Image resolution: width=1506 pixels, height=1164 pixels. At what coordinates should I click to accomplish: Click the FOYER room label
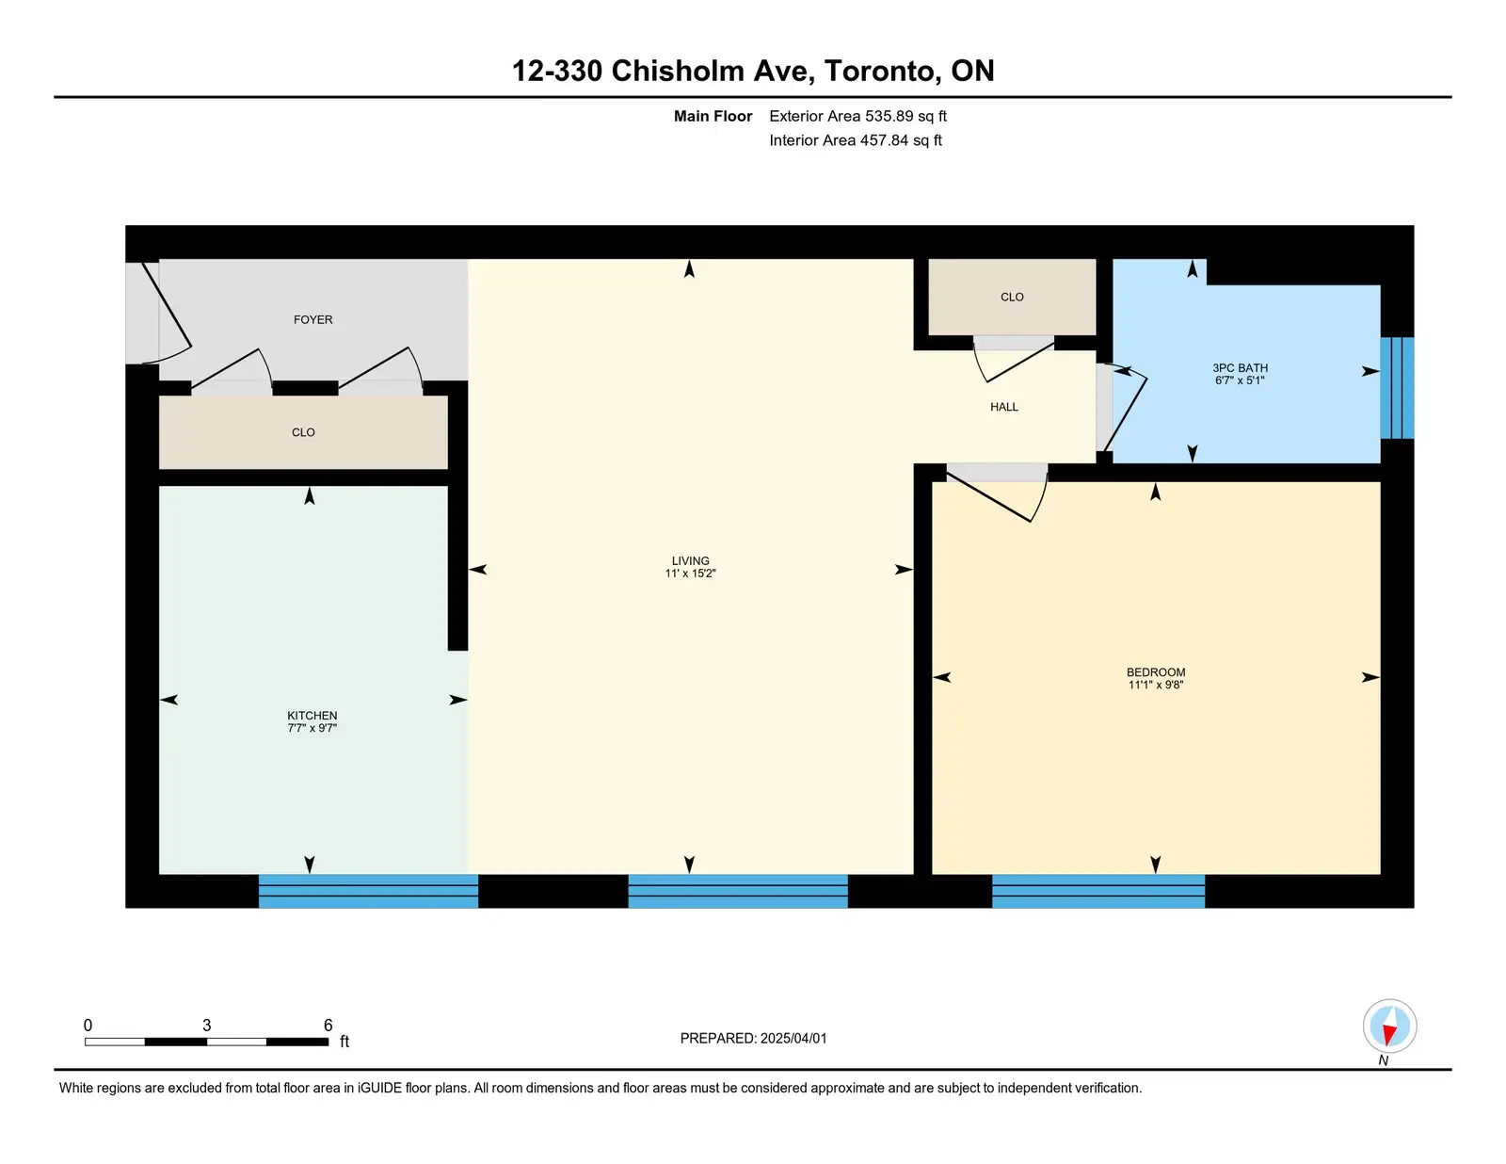pyautogui.click(x=312, y=319)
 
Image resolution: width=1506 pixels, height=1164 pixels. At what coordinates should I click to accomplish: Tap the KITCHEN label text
pyautogui.click(x=312, y=716)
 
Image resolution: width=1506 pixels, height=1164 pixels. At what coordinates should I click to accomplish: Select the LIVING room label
pyautogui.click(x=690, y=561)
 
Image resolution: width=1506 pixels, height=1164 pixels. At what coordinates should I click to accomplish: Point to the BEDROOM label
pyautogui.click(x=1155, y=672)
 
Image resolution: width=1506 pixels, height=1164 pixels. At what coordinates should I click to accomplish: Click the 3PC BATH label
pyautogui.click(x=1240, y=368)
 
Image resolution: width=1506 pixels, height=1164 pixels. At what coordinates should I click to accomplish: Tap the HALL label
pyautogui.click(x=1003, y=407)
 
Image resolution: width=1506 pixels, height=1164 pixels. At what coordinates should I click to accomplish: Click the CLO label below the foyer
pyautogui.click(x=303, y=432)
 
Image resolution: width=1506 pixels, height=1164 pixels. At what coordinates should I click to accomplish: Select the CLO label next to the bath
pyautogui.click(x=1012, y=298)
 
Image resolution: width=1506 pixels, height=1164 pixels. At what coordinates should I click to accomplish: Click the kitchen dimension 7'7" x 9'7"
pyautogui.click(x=312, y=728)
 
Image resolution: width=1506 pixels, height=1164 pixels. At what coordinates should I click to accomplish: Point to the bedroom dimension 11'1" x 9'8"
pyautogui.click(x=1155, y=685)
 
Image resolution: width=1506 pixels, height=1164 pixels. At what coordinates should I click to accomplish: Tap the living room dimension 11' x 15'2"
pyautogui.click(x=690, y=574)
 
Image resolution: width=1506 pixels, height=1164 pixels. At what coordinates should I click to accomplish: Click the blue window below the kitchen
pyautogui.click(x=368, y=891)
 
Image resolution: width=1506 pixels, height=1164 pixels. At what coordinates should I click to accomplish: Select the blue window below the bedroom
pyautogui.click(x=1097, y=891)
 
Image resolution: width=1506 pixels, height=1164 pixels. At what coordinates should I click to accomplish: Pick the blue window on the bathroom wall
pyautogui.click(x=1397, y=388)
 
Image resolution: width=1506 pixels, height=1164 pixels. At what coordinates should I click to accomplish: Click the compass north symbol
pyautogui.click(x=1389, y=1027)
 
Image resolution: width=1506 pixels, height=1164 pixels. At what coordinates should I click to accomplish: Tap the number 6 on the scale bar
pyautogui.click(x=328, y=1025)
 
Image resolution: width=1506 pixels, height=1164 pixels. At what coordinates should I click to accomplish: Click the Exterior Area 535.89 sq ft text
pyautogui.click(x=857, y=117)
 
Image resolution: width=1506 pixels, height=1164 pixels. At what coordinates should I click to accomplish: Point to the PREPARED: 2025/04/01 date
pyautogui.click(x=753, y=1039)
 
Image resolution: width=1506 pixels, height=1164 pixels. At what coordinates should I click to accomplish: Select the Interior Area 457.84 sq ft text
pyautogui.click(x=856, y=140)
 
